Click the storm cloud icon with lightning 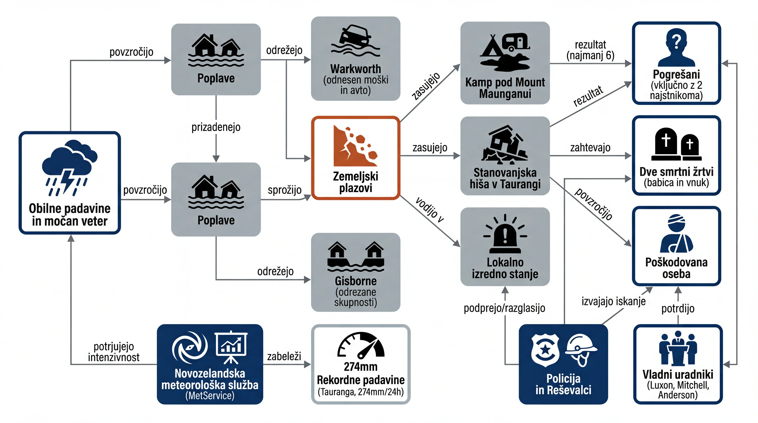(69, 168)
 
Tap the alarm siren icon (505, 234)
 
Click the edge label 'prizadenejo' (216, 127)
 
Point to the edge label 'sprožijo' (285, 190)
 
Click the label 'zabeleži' (284, 356)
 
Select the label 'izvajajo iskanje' (614, 301)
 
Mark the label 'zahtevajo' (590, 147)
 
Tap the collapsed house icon (504, 144)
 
